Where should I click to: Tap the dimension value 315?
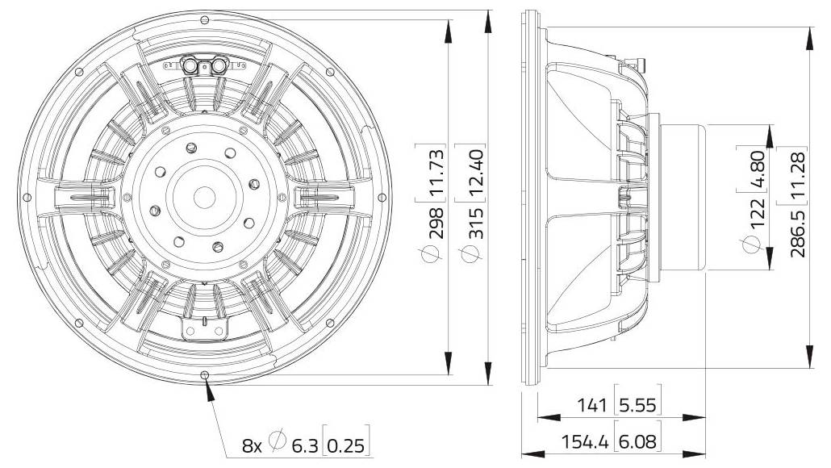475,224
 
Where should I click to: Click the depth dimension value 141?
591,405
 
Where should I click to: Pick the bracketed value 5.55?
637,405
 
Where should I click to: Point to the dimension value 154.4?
585,441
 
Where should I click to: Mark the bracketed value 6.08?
637,441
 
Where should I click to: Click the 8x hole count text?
252,445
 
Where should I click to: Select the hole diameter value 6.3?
305,445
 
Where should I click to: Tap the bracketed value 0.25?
345,445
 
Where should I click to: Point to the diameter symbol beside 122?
751,244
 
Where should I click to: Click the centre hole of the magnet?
205,197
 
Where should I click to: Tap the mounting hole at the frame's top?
205,20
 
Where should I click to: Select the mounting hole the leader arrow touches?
205,374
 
